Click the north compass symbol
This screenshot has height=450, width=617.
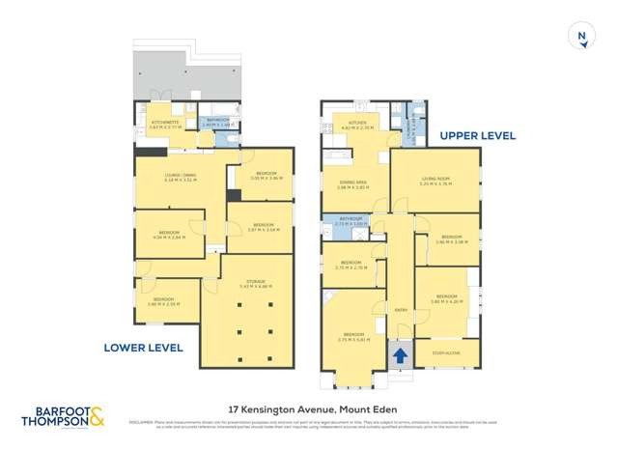[581, 36]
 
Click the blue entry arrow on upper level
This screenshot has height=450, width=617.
[399, 355]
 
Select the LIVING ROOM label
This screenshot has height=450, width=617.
[435, 180]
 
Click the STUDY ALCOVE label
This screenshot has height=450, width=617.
[446, 353]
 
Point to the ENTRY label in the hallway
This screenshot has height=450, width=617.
[400, 309]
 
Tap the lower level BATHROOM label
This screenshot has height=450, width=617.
[219, 122]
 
